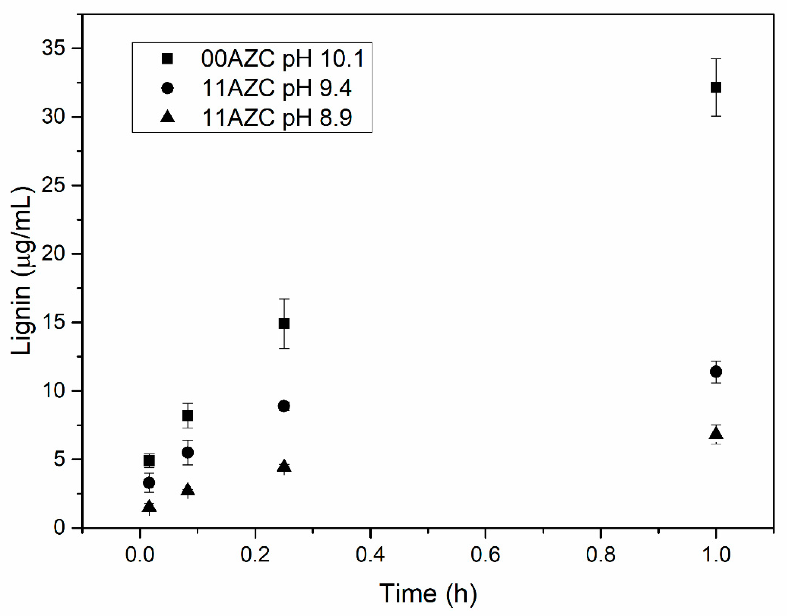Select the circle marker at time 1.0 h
point(716,371)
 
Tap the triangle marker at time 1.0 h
point(716,433)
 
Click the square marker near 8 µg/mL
point(187,416)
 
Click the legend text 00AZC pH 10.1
point(282,58)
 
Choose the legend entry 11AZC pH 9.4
point(276,88)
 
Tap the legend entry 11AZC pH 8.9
point(276,118)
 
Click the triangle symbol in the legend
point(167,117)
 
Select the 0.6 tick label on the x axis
point(485,554)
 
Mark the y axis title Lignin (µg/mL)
point(22,270)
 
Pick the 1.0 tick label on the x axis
point(716,554)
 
